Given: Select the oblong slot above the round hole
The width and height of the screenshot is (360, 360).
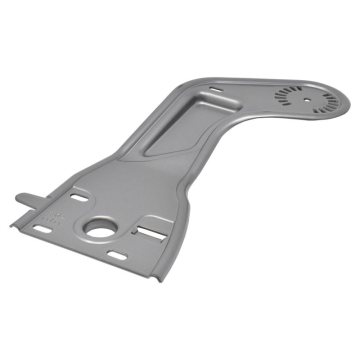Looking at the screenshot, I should click(x=79, y=198).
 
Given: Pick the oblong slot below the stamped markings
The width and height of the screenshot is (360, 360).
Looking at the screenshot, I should click(x=42, y=229).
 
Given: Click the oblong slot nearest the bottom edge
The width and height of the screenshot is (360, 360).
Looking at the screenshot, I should click(x=117, y=255).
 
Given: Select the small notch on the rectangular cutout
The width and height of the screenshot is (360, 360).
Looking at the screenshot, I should click(x=135, y=231).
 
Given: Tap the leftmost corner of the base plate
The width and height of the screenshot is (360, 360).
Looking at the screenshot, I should click(x=11, y=224).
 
